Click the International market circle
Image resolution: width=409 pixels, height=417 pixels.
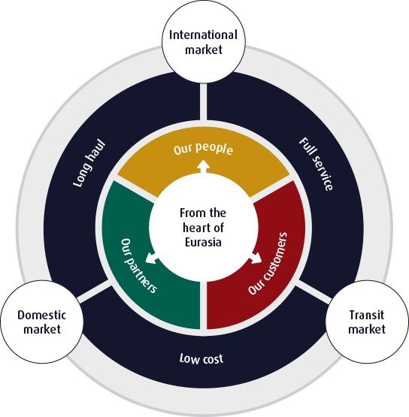pos(204,42)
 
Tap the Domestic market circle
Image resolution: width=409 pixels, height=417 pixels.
pos(42,322)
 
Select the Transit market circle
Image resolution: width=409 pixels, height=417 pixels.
pos(367,322)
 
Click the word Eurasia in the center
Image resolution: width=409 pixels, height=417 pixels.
pos(203,243)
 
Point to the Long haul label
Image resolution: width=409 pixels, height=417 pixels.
pos(89,163)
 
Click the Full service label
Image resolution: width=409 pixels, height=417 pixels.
pos(316,164)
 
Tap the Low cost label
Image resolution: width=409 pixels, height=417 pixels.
pos(201,358)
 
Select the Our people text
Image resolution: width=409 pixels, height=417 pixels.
pos(203,149)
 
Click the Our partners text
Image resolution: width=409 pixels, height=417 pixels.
pos(138,265)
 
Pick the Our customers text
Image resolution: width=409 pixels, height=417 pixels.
pos(268,263)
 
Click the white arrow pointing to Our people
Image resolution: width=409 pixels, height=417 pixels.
pos(203,167)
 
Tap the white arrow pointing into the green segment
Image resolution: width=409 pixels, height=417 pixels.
pos(152,258)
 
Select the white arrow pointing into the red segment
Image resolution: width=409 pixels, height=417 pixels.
pos(255,258)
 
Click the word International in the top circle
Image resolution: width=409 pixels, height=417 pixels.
pos(203,35)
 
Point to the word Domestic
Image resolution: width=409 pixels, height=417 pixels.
pos(42,315)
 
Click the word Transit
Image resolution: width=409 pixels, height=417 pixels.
pos(367,315)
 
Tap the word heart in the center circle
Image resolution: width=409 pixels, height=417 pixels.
pos(195,228)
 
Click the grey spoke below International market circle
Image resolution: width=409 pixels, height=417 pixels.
pos(203,101)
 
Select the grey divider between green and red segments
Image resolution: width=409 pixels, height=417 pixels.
pos(203,305)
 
